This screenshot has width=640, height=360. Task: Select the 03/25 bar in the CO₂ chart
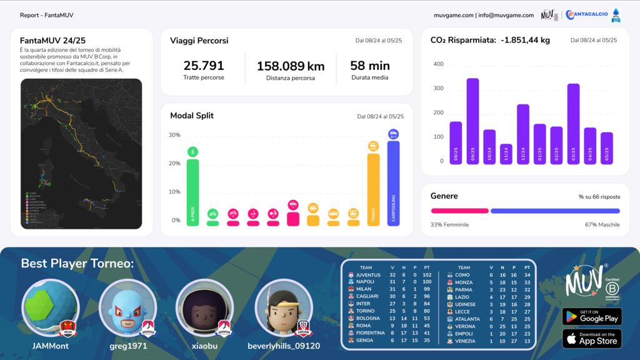point(573,124)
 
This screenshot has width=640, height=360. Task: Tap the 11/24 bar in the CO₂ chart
point(506,154)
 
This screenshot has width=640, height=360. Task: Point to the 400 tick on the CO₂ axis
point(438,64)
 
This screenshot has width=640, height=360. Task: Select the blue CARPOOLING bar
point(393,181)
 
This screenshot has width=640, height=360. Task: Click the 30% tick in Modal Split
point(174,135)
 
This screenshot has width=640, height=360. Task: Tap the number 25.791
point(204,66)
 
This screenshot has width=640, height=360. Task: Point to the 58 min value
point(370,66)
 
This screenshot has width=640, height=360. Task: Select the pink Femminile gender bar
point(459,211)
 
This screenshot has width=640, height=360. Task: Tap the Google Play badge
point(592,317)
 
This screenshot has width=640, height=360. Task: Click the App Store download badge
point(592,339)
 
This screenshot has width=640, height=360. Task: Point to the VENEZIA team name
point(465,341)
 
